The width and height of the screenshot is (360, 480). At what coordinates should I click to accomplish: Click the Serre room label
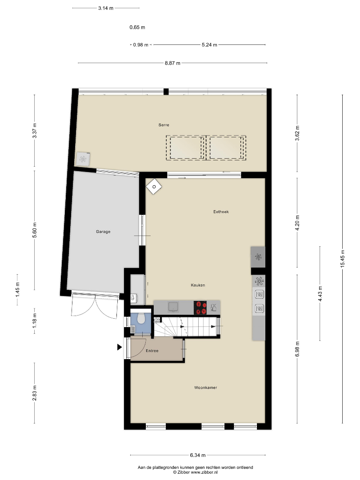[164, 125]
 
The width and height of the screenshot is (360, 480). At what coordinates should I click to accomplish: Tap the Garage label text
[103, 232]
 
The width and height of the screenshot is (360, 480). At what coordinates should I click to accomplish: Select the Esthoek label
[221, 212]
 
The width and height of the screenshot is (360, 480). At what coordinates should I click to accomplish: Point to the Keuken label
[198, 285]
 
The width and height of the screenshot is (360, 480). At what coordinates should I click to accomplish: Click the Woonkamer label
[206, 388]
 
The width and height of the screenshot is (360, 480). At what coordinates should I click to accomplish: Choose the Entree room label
[152, 351]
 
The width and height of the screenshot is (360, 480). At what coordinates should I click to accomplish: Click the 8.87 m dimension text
[172, 64]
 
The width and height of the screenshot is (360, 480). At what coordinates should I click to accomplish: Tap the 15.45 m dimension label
[343, 259]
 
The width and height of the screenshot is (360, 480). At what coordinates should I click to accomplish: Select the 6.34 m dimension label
[198, 455]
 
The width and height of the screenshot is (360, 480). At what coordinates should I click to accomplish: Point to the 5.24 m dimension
[209, 45]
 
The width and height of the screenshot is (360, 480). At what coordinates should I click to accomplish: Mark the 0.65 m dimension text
[137, 27]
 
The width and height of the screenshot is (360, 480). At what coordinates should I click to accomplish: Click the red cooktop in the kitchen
[200, 308]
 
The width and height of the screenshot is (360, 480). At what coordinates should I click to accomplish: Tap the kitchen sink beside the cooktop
[174, 307]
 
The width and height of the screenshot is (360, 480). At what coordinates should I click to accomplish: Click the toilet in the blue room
[141, 318]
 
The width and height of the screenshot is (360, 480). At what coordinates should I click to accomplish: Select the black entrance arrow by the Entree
[120, 347]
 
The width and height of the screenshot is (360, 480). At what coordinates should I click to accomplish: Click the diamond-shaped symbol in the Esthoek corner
[154, 187]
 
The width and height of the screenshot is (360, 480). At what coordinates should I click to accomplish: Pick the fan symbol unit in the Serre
[83, 159]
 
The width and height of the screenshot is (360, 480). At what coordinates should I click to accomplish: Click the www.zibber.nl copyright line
[195, 472]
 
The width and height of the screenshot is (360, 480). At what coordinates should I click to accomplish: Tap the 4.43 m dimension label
[320, 294]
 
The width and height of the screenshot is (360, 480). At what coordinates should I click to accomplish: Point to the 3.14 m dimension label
[106, 8]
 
